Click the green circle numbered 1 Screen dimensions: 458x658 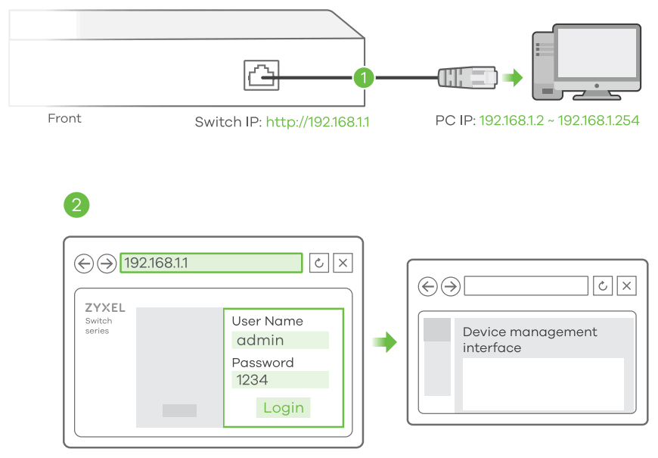tap(364, 76)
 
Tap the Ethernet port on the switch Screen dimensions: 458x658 tap(261, 75)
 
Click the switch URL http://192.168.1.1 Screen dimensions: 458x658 tap(318, 121)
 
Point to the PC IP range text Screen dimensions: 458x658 tap(559, 120)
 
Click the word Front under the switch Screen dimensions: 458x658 tap(64, 118)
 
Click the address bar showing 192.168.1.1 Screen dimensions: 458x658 tap(211, 263)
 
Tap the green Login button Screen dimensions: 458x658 tap(283, 407)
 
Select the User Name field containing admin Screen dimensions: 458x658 tap(281, 340)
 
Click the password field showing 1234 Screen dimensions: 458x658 tap(281, 380)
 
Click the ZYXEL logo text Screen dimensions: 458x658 tap(105, 309)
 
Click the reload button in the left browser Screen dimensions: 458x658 tap(318, 263)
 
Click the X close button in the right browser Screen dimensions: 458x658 tap(626, 285)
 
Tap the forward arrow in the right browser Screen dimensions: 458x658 tap(451, 286)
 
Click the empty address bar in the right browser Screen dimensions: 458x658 tap(526, 285)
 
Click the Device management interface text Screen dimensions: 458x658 tap(529, 340)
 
